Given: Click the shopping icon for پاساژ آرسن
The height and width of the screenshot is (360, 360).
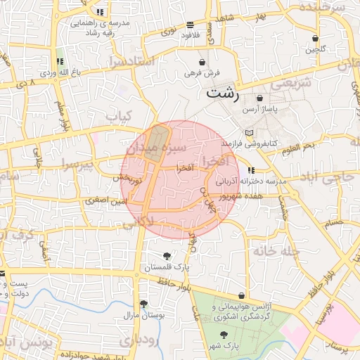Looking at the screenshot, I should pyautogui.click(x=260, y=98).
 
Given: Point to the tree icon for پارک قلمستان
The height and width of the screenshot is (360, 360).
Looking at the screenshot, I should pyautogui.click(x=167, y=256).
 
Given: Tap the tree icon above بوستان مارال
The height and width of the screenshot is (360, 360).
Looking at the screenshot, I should pyautogui.click(x=143, y=304).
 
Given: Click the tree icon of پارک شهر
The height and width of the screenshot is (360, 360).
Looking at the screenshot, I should pyautogui.click(x=224, y=335).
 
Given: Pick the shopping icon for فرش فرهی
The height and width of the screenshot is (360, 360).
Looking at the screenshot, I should pyautogui.click(x=203, y=62).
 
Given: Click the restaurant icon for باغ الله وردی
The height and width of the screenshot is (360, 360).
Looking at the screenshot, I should pyautogui.click(x=60, y=62).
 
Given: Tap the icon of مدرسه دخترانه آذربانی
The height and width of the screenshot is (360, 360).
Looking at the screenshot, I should pyautogui.click(x=252, y=170).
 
